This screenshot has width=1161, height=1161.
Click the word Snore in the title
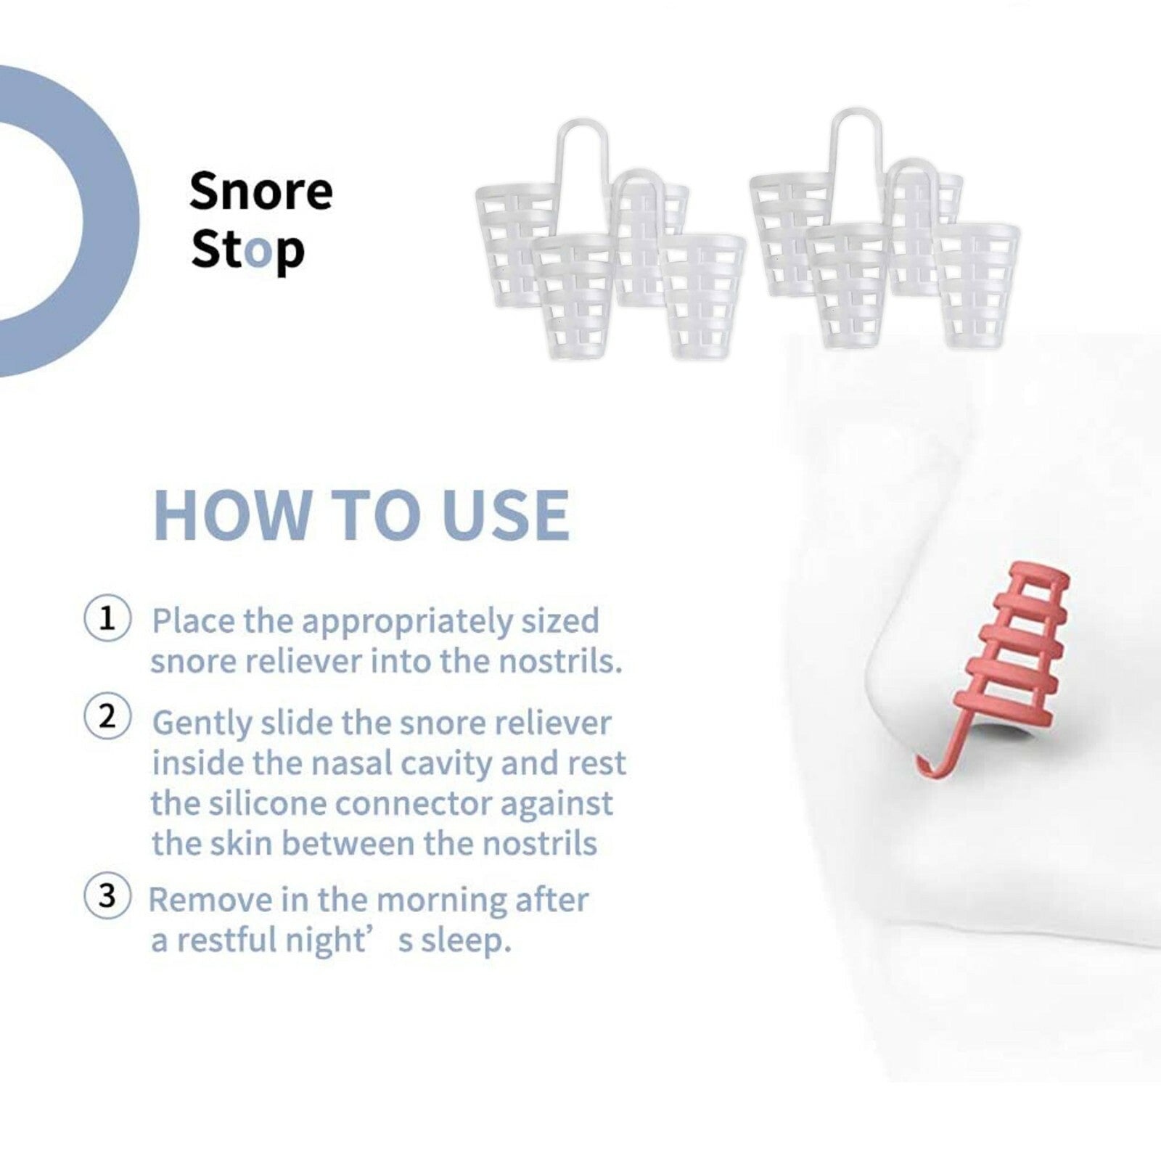(260, 191)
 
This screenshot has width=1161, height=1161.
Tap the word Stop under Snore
(247, 251)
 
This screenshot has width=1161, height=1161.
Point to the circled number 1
(107, 619)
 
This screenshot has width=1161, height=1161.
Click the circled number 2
(107, 716)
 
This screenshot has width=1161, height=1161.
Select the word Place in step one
(194, 621)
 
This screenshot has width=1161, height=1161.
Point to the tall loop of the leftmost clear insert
(582, 156)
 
